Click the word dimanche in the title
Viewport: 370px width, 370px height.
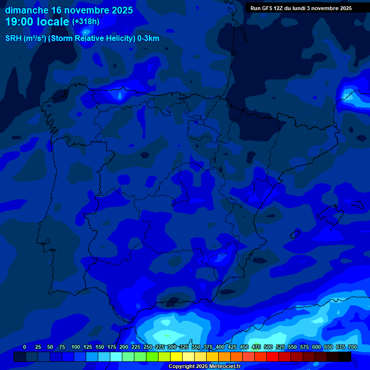point(26,10)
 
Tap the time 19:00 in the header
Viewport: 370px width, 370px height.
point(20,22)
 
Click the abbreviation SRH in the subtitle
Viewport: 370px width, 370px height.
point(13,39)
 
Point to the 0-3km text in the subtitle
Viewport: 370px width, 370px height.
point(148,39)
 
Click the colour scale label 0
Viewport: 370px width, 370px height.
point(25,347)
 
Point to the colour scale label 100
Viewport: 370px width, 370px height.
point(76,347)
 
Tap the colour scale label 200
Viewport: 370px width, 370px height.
point(124,347)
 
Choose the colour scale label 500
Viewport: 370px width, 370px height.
point(268,347)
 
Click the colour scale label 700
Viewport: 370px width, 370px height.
point(352,347)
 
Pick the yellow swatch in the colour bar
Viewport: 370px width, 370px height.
point(176,357)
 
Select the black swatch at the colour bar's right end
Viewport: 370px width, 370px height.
point(345,357)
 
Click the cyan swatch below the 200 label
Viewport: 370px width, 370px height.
point(116,357)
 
